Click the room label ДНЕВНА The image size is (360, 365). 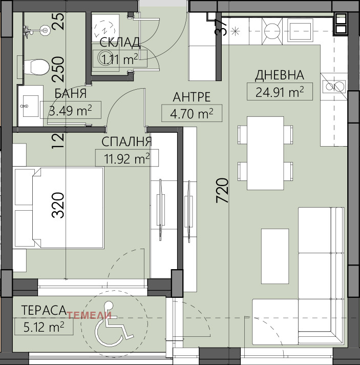click(x=279, y=75)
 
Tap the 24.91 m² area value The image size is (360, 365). click(x=280, y=92)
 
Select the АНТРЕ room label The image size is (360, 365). click(x=192, y=97)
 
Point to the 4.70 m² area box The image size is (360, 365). click(x=192, y=113)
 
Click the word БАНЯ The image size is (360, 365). click(x=71, y=93)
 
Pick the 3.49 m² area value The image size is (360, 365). click(x=71, y=110)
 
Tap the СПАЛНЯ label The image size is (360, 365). click(x=127, y=141)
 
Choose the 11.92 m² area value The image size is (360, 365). click(x=127, y=158)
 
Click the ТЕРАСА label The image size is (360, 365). click(x=44, y=310)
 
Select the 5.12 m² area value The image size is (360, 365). click(x=44, y=327)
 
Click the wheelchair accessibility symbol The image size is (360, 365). click(x=114, y=323)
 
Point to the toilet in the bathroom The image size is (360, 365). click(x=36, y=67)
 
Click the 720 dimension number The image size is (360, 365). click(x=222, y=190)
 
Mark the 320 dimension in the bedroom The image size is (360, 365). click(x=58, y=205)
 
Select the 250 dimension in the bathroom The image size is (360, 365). click(x=58, y=69)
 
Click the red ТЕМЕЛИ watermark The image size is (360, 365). click(x=89, y=315)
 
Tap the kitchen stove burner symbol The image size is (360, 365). click(x=272, y=31)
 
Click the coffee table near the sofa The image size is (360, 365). click(x=275, y=256)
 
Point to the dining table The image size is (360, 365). click(x=265, y=153)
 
